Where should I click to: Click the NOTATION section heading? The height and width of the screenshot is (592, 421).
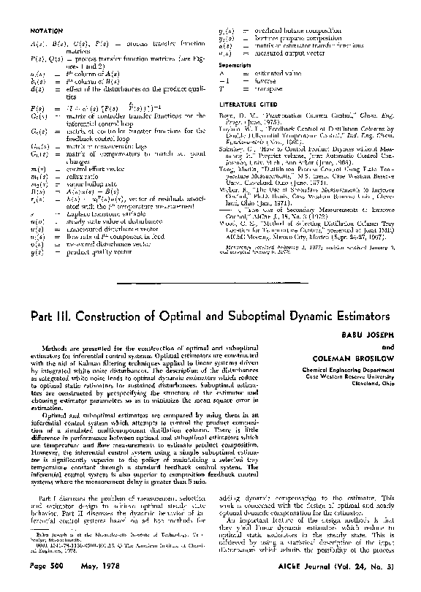point(49,32)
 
